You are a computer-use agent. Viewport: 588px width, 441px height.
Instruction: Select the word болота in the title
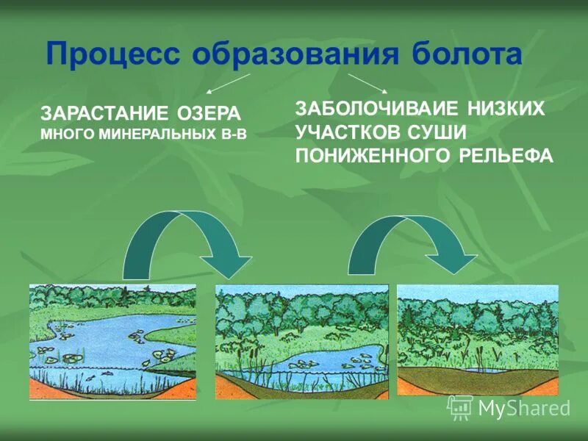[456, 56]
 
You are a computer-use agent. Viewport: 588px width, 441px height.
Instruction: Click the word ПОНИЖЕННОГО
[372, 156]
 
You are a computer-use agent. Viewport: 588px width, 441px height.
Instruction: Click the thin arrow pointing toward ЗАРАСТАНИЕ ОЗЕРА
[229, 83]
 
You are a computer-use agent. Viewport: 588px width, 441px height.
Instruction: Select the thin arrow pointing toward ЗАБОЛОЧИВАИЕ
[367, 82]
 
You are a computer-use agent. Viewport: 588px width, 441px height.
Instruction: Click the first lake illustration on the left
[112, 342]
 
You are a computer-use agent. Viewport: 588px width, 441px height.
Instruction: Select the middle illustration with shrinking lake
[301, 342]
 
